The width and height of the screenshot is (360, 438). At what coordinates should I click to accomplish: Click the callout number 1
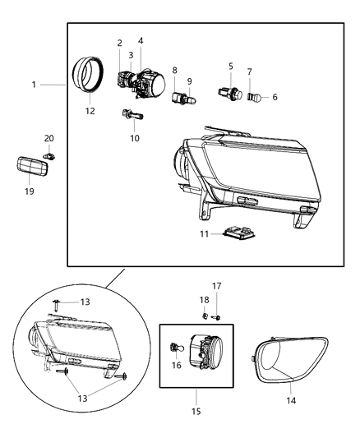(34, 85)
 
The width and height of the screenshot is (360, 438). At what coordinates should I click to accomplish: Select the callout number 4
(141, 40)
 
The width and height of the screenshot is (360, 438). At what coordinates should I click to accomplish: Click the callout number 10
(135, 137)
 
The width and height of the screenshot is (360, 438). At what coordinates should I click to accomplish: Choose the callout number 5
(231, 67)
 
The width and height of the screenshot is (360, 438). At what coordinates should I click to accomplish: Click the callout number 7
(250, 72)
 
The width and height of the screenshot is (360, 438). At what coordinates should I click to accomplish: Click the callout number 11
(203, 234)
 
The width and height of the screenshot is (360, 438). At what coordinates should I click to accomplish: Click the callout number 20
(48, 138)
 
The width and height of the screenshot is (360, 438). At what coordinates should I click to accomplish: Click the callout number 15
(196, 411)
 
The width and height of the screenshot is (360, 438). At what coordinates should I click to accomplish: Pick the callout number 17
(217, 286)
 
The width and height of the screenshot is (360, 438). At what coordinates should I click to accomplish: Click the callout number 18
(204, 300)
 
